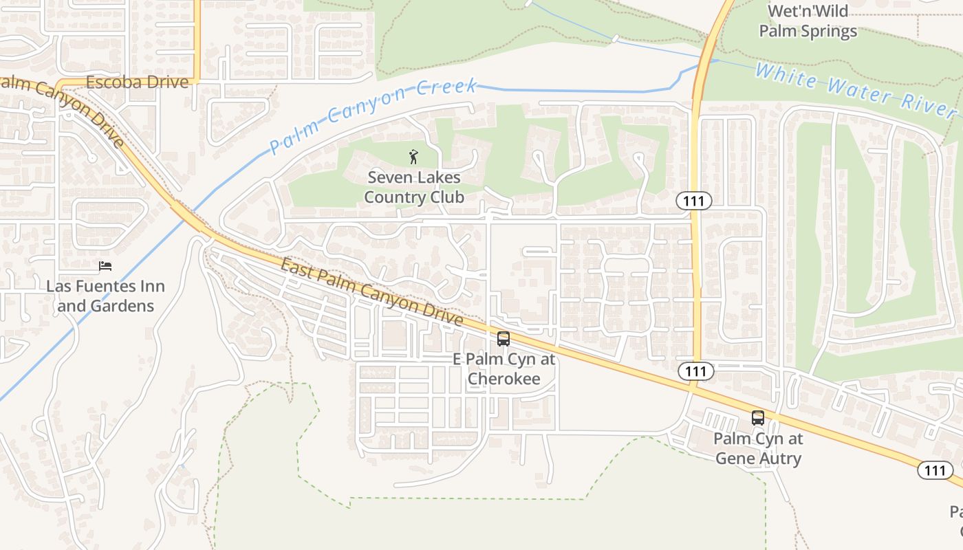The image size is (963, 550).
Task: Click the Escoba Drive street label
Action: (x=137, y=82)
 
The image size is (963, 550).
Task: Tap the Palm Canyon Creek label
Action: (x=373, y=116)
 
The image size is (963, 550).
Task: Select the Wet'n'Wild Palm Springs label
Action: (x=808, y=21)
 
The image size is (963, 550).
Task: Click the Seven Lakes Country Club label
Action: (x=414, y=187)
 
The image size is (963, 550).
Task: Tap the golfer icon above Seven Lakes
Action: (x=413, y=157)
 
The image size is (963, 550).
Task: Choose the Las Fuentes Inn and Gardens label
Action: (x=105, y=296)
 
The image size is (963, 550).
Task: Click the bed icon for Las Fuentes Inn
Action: (x=105, y=266)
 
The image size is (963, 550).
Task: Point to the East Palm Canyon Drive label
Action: (x=371, y=291)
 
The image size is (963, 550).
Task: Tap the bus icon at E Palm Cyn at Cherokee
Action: (x=504, y=339)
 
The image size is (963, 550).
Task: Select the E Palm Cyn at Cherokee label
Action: (x=504, y=368)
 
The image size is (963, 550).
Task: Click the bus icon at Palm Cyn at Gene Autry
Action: (x=758, y=418)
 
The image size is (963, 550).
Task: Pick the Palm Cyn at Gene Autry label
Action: (x=758, y=448)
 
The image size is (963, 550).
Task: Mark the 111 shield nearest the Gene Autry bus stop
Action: (x=696, y=371)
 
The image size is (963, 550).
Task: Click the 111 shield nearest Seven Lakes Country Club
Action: (x=693, y=201)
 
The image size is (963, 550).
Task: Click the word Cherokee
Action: (x=504, y=379)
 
